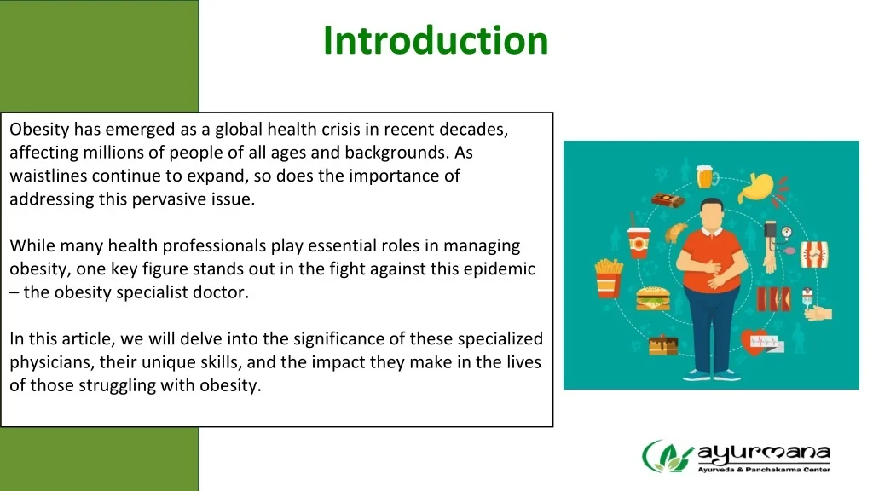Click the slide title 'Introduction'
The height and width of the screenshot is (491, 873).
(x=436, y=40)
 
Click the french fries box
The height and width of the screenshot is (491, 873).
(x=608, y=276)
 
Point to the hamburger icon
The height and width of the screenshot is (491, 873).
(x=650, y=298)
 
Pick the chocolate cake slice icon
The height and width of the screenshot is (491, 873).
(x=662, y=344)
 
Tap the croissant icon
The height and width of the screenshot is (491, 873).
(x=675, y=232)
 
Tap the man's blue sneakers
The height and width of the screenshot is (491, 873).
(x=711, y=374)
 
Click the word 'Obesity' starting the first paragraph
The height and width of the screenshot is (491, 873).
(x=39, y=130)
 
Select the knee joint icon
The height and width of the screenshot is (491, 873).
(x=814, y=254)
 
